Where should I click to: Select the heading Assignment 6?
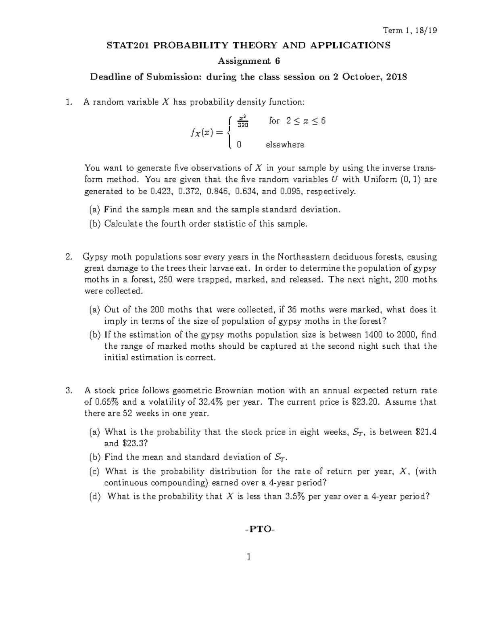(x=248, y=61)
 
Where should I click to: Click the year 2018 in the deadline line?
(x=396, y=77)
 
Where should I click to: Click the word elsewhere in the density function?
(x=285, y=145)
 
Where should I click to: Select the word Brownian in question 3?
(x=234, y=390)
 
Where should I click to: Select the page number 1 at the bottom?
(x=249, y=557)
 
